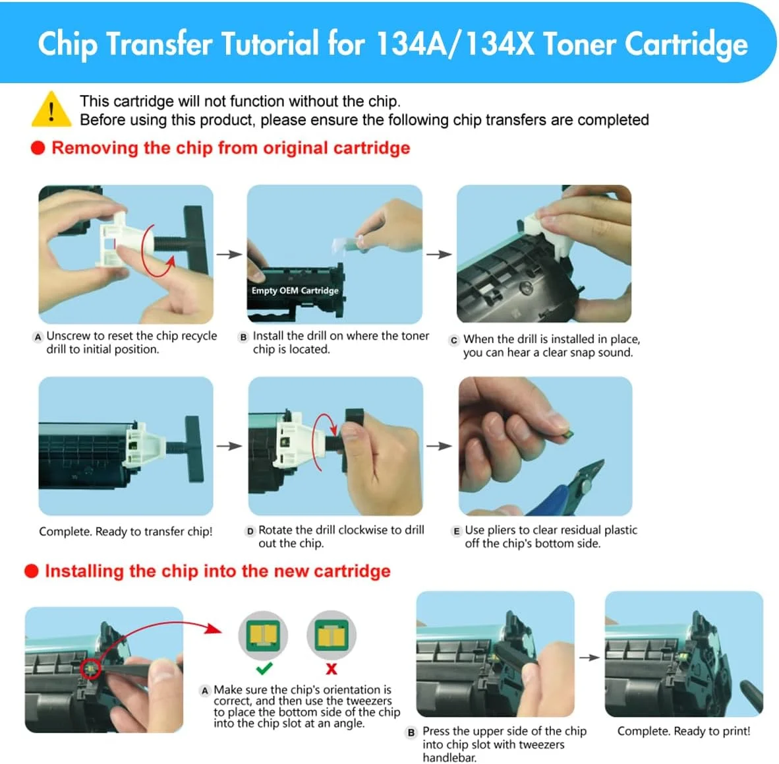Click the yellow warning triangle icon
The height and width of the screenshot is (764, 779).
[x=51, y=110]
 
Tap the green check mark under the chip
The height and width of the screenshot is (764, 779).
[x=264, y=668]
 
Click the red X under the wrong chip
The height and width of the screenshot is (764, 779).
[x=332, y=668]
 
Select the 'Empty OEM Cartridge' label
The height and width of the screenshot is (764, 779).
[x=295, y=290]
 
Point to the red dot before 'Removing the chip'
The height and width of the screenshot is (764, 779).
[x=38, y=148]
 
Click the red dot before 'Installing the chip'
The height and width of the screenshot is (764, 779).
[x=32, y=571]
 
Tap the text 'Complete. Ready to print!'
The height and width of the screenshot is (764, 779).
[x=683, y=731]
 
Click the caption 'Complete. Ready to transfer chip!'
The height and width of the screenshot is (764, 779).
[x=125, y=532]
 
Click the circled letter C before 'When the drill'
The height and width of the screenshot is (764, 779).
[x=453, y=340]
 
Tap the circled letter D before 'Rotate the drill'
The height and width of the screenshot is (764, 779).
[x=250, y=531]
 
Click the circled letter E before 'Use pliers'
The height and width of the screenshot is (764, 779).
[x=457, y=531]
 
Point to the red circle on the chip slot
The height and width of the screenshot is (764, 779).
[x=90, y=668]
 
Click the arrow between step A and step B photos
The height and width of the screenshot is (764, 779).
[x=229, y=255]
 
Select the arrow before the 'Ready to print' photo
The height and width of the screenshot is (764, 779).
[x=589, y=657]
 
